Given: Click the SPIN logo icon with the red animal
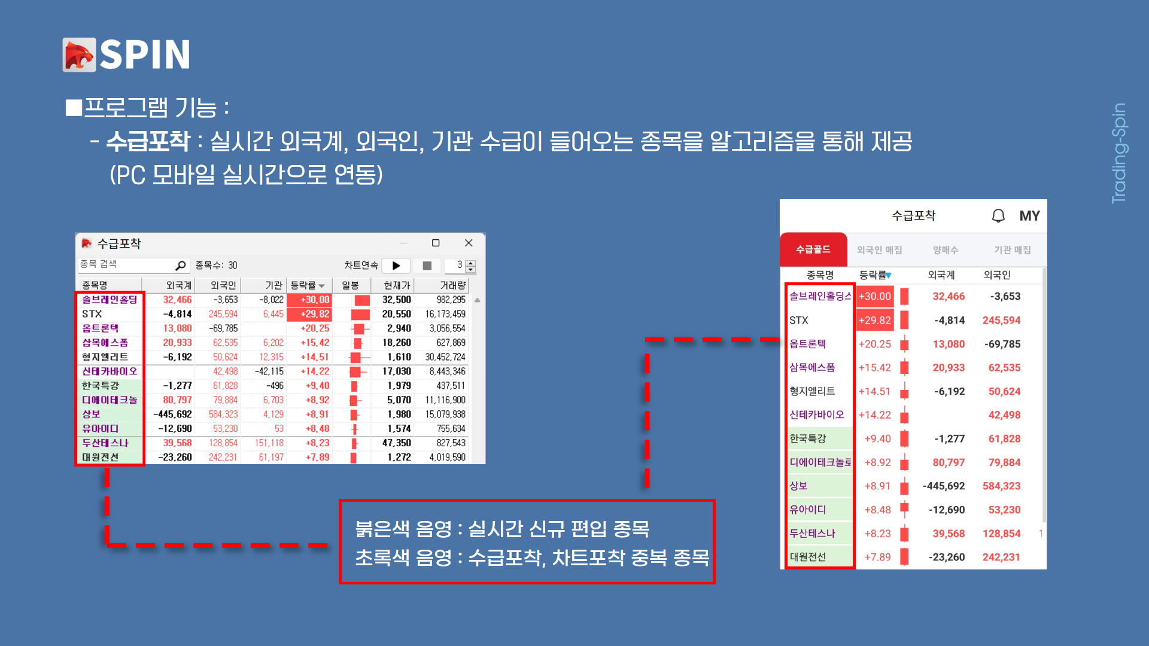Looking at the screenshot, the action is click(x=79, y=55).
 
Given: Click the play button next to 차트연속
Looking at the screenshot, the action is click(x=396, y=266).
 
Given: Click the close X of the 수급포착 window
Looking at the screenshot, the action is click(x=469, y=243).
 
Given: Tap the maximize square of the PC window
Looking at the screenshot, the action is click(x=436, y=243).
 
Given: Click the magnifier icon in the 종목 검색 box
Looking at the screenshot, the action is click(x=180, y=265).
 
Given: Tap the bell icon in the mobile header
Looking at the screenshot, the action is click(x=998, y=216).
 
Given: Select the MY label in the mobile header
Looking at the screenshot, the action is click(x=1029, y=216).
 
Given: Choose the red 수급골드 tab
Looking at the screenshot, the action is click(x=813, y=249).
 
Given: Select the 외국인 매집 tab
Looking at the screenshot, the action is click(x=879, y=250).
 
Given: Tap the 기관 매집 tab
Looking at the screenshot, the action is click(x=1013, y=250).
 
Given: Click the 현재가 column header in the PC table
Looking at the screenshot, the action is click(x=397, y=285).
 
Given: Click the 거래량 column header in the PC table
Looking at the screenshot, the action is click(x=452, y=285).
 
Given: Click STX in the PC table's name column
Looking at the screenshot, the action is click(x=92, y=314).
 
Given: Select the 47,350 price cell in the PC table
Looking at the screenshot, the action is click(x=397, y=443).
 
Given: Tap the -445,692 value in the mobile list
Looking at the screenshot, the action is click(x=943, y=486).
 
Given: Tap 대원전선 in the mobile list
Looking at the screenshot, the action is click(x=808, y=557).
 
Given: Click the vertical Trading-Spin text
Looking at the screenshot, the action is click(x=1118, y=153).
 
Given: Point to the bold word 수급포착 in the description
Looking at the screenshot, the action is click(x=148, y=142).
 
